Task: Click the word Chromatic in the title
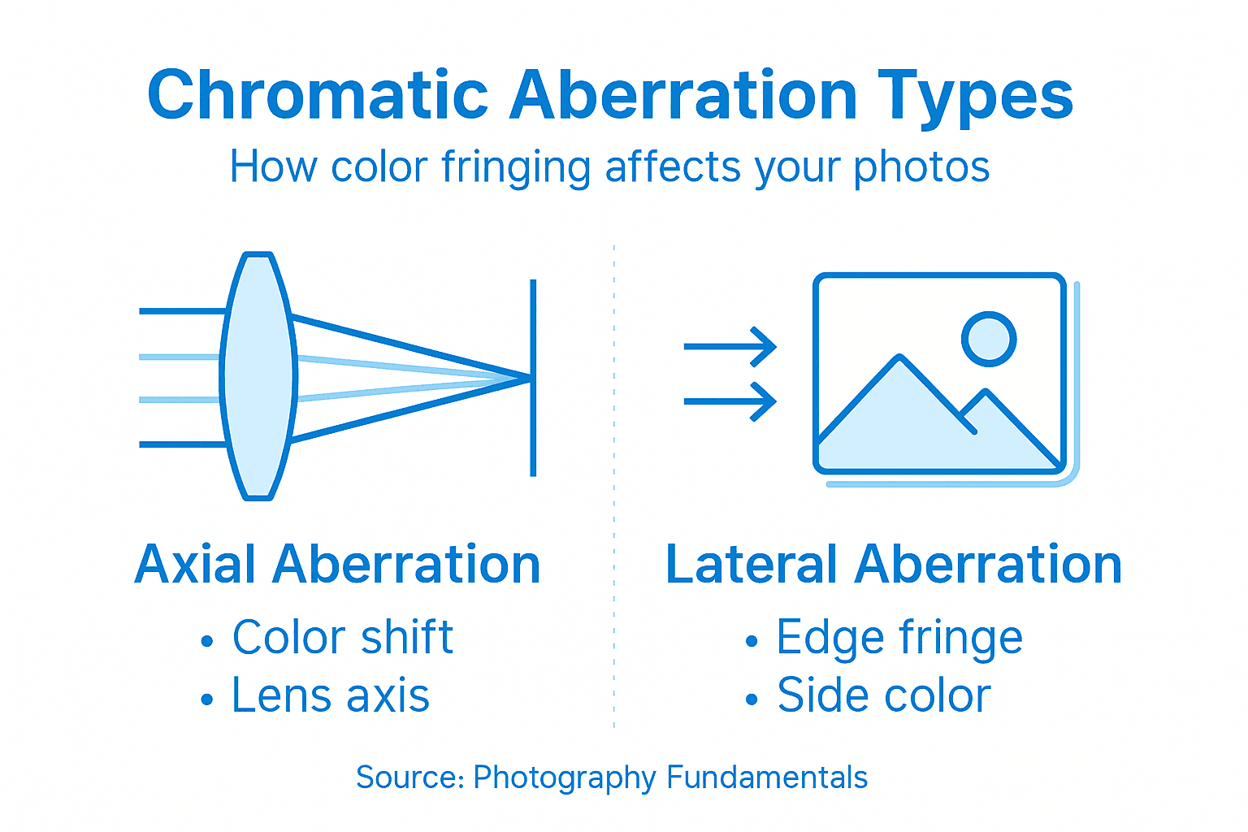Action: (x=317, y=96)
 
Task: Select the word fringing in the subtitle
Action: (x=515, y=167)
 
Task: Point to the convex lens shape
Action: (x=258, y=375)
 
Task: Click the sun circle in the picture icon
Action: (x=989, y=339)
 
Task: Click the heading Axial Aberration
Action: (x=337, y=565)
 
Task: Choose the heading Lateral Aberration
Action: (x=893, y=565)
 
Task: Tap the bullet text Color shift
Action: (x=342, y=637)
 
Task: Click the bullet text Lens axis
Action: (x=330, y=696)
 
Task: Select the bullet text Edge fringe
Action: (x=899, y=637)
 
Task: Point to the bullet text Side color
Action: (x=883, y=696)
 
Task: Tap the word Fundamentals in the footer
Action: (x=767, y=778)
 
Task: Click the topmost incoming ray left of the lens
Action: (x=181, y=311)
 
